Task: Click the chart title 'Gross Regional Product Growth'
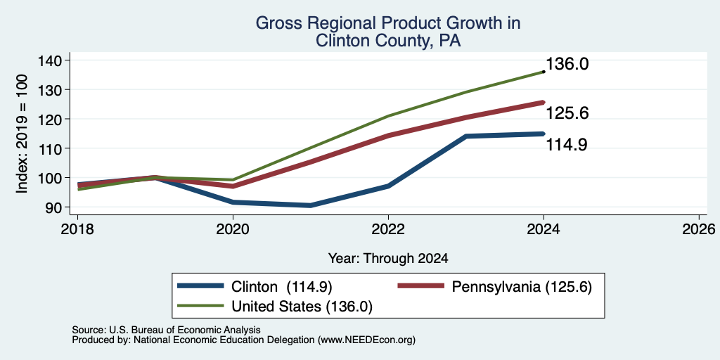click(388, 23)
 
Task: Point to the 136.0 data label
click(567, 64)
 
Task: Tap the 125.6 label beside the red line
click(567, 113)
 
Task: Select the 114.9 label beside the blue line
click(567, 145)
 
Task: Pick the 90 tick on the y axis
click(60, 207)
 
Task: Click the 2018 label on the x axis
click(77, 229)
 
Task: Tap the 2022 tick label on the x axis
click(388, 229)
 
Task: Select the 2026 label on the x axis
click(699, 229)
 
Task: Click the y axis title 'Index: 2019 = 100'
click(22, 134)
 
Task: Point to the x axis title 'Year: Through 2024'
click(388, 259)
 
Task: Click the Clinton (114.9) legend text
click(282, 287)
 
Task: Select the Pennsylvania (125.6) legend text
click(522, 287)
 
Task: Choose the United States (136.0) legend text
click(302, 307)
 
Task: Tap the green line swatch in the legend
click(200, 305)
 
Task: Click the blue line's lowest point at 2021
click(311, 205)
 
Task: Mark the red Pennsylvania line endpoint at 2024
click(544, 103)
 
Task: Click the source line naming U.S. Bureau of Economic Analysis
click(166, 330)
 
